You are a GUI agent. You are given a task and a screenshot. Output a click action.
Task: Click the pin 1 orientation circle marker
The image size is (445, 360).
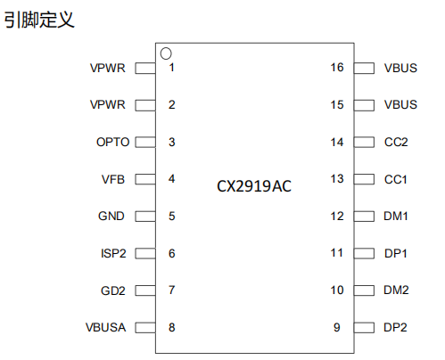point(166,48)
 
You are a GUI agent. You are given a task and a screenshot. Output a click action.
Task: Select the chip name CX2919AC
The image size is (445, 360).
point(254,186)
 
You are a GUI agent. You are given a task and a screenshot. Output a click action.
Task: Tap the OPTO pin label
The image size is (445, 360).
point(113,142)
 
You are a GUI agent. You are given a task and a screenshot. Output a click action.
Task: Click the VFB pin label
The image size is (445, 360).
point(113,179)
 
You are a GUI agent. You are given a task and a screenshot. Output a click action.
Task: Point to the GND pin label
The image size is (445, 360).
point(111,216)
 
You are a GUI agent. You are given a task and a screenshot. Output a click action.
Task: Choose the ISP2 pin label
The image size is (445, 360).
point(113,253)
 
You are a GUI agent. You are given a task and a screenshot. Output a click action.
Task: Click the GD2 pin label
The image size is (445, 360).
point(113,290)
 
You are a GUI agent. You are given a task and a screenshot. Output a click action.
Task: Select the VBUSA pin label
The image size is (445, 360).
point(106,327)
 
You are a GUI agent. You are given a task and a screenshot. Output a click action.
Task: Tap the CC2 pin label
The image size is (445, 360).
point(396,142)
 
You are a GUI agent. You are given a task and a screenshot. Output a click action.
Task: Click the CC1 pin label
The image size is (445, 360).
point(396,179)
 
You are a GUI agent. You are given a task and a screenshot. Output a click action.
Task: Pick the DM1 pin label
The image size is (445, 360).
point(396,216)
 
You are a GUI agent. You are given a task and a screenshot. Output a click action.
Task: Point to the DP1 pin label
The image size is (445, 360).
point(396,253)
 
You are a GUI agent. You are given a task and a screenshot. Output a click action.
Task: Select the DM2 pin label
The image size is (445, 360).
point(396,290)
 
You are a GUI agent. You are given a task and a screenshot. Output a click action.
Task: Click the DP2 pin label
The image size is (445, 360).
point(395,327)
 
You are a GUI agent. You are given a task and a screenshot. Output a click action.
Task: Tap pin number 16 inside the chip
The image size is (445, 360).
point(337,68)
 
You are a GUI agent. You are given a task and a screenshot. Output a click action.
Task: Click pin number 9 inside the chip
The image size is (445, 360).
point(337,327)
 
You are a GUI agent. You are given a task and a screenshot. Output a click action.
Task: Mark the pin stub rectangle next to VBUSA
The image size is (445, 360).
point(145,328)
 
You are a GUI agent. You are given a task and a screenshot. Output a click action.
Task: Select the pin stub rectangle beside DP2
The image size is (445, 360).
point(364,328)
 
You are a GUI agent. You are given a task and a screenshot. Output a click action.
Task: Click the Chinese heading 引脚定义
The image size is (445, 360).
point(39,20)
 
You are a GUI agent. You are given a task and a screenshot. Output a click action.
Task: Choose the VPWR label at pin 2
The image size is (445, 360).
point(108,104)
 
